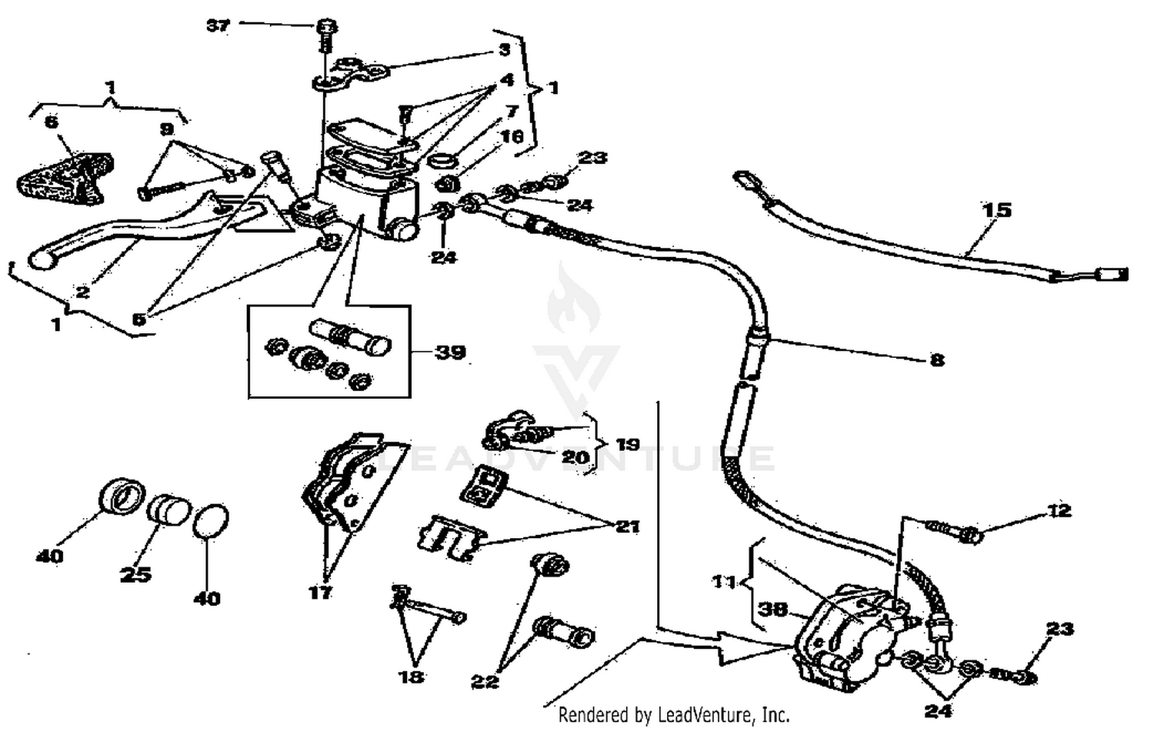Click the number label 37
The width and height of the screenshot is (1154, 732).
[218, 25]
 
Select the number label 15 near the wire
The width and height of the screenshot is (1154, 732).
[996, 210]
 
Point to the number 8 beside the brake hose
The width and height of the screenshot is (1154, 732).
[937, 359]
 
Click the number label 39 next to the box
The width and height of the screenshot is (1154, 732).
[450, 353]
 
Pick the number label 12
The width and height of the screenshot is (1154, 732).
[1059, 511]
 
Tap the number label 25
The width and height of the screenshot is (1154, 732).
[135, 574]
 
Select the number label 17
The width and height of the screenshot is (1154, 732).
[320, 592]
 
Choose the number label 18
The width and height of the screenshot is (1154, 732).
[411, 677]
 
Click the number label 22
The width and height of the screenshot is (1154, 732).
[485, 681]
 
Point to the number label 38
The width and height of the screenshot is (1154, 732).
[772, 609]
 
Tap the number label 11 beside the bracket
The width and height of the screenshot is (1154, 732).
[724, 582]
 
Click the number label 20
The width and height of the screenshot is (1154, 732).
[575, 457]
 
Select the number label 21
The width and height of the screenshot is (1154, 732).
[628, 526]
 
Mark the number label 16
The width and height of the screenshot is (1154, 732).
[512, 137]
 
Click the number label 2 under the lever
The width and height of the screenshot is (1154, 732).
[82, 292]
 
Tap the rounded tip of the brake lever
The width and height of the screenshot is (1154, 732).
[39, 260]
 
